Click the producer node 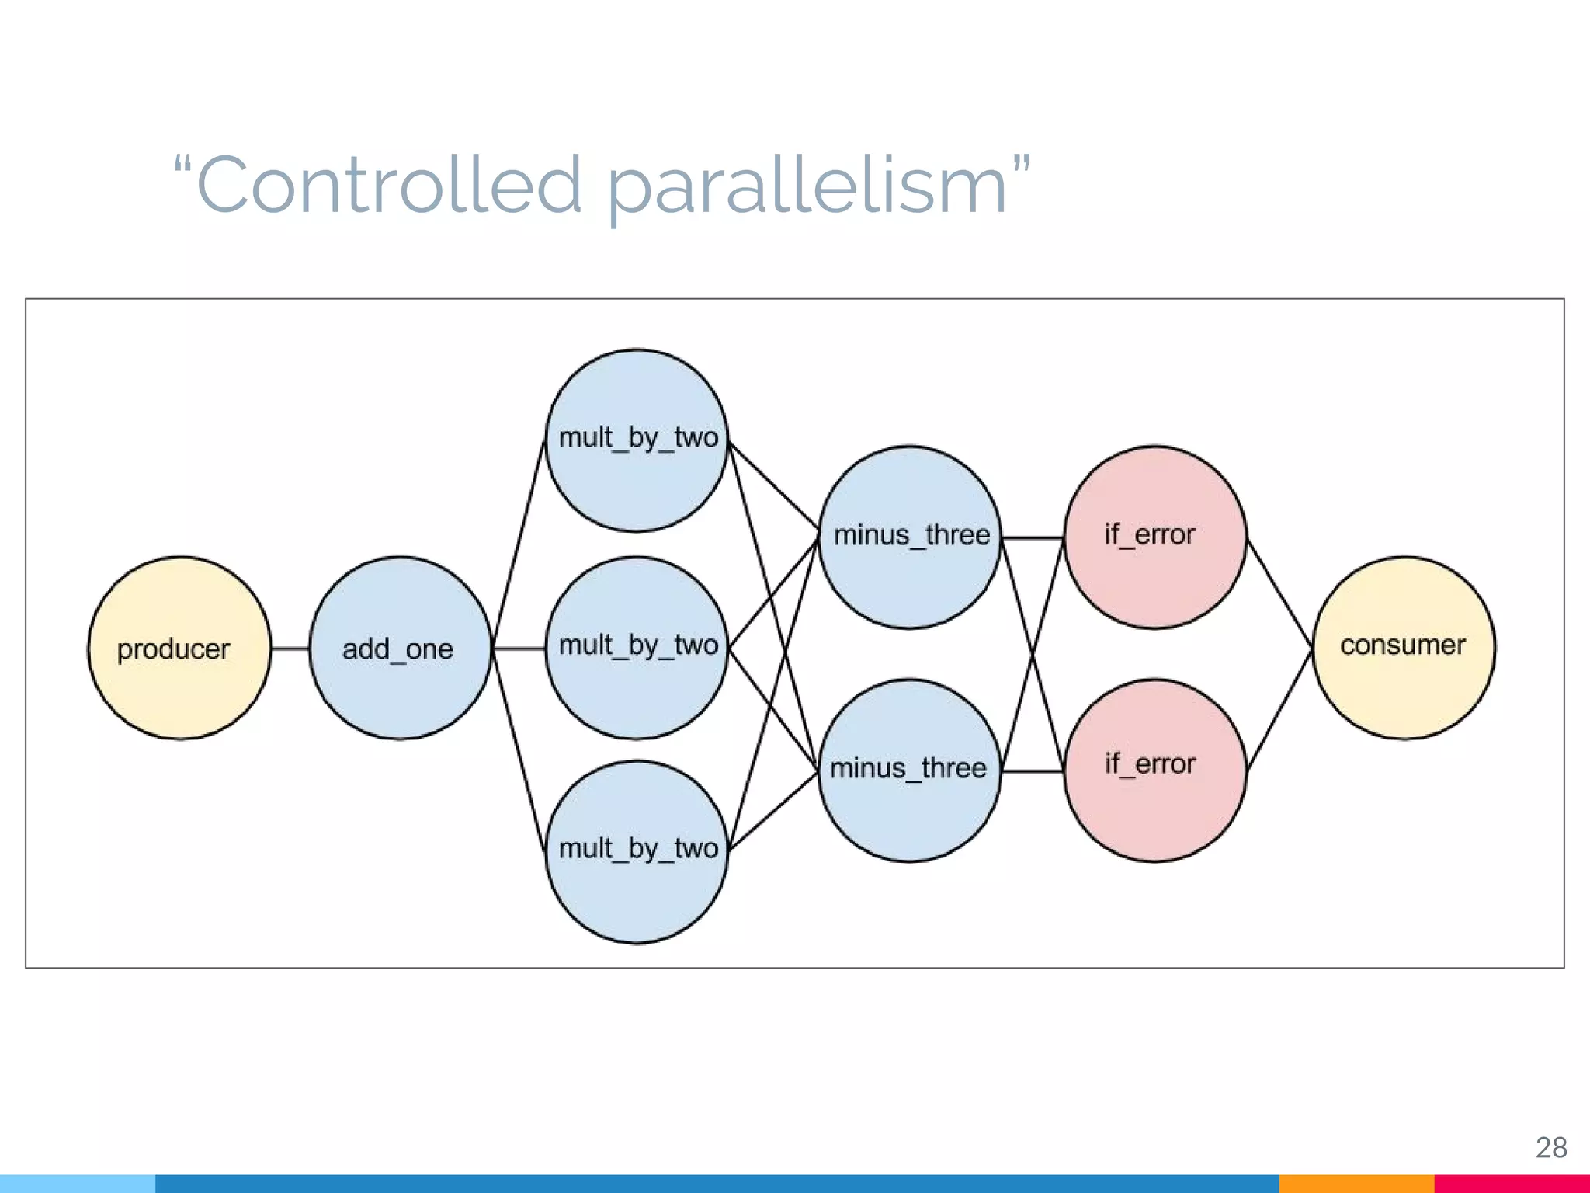[179, 648]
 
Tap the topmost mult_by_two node [637, 440]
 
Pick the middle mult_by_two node [637, 648]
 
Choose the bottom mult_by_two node [637, 852]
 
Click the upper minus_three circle [910, 537]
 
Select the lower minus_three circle [910, 770]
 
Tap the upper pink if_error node [1154, 537]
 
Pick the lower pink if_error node [1154, 770]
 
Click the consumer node [1404, 648]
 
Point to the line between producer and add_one [290, 649]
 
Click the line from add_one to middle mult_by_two [519, 649]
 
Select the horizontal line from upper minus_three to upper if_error [1033, 537]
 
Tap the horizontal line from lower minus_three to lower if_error [1033, 772]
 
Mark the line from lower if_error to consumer [1279, 708]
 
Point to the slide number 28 [1551, 1147]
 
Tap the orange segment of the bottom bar [1356, 1184]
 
